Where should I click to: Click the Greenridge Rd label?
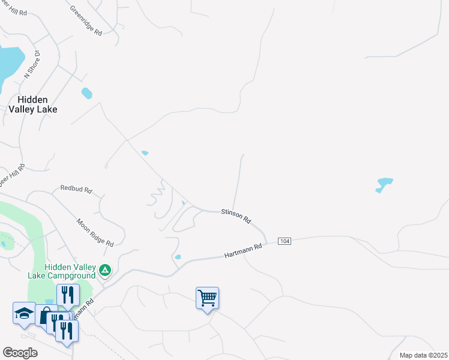pos(86,21)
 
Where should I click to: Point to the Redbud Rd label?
pos(76,189)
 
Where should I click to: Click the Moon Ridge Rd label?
pos(95,233)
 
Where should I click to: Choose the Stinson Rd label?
pos(236,215)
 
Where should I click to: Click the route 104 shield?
pos(285,241)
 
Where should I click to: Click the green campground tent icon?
pos(105,271)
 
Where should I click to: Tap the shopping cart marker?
pos(207,297)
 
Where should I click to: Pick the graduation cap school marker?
pos(24,313)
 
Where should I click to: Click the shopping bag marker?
pos(45,314)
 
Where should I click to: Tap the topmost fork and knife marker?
pos(68,295)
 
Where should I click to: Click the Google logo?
pos(20,353)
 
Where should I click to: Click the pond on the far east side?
pos(384,183)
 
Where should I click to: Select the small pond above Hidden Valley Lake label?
pos(87,93)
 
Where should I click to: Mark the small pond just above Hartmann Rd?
pos(178,257)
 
